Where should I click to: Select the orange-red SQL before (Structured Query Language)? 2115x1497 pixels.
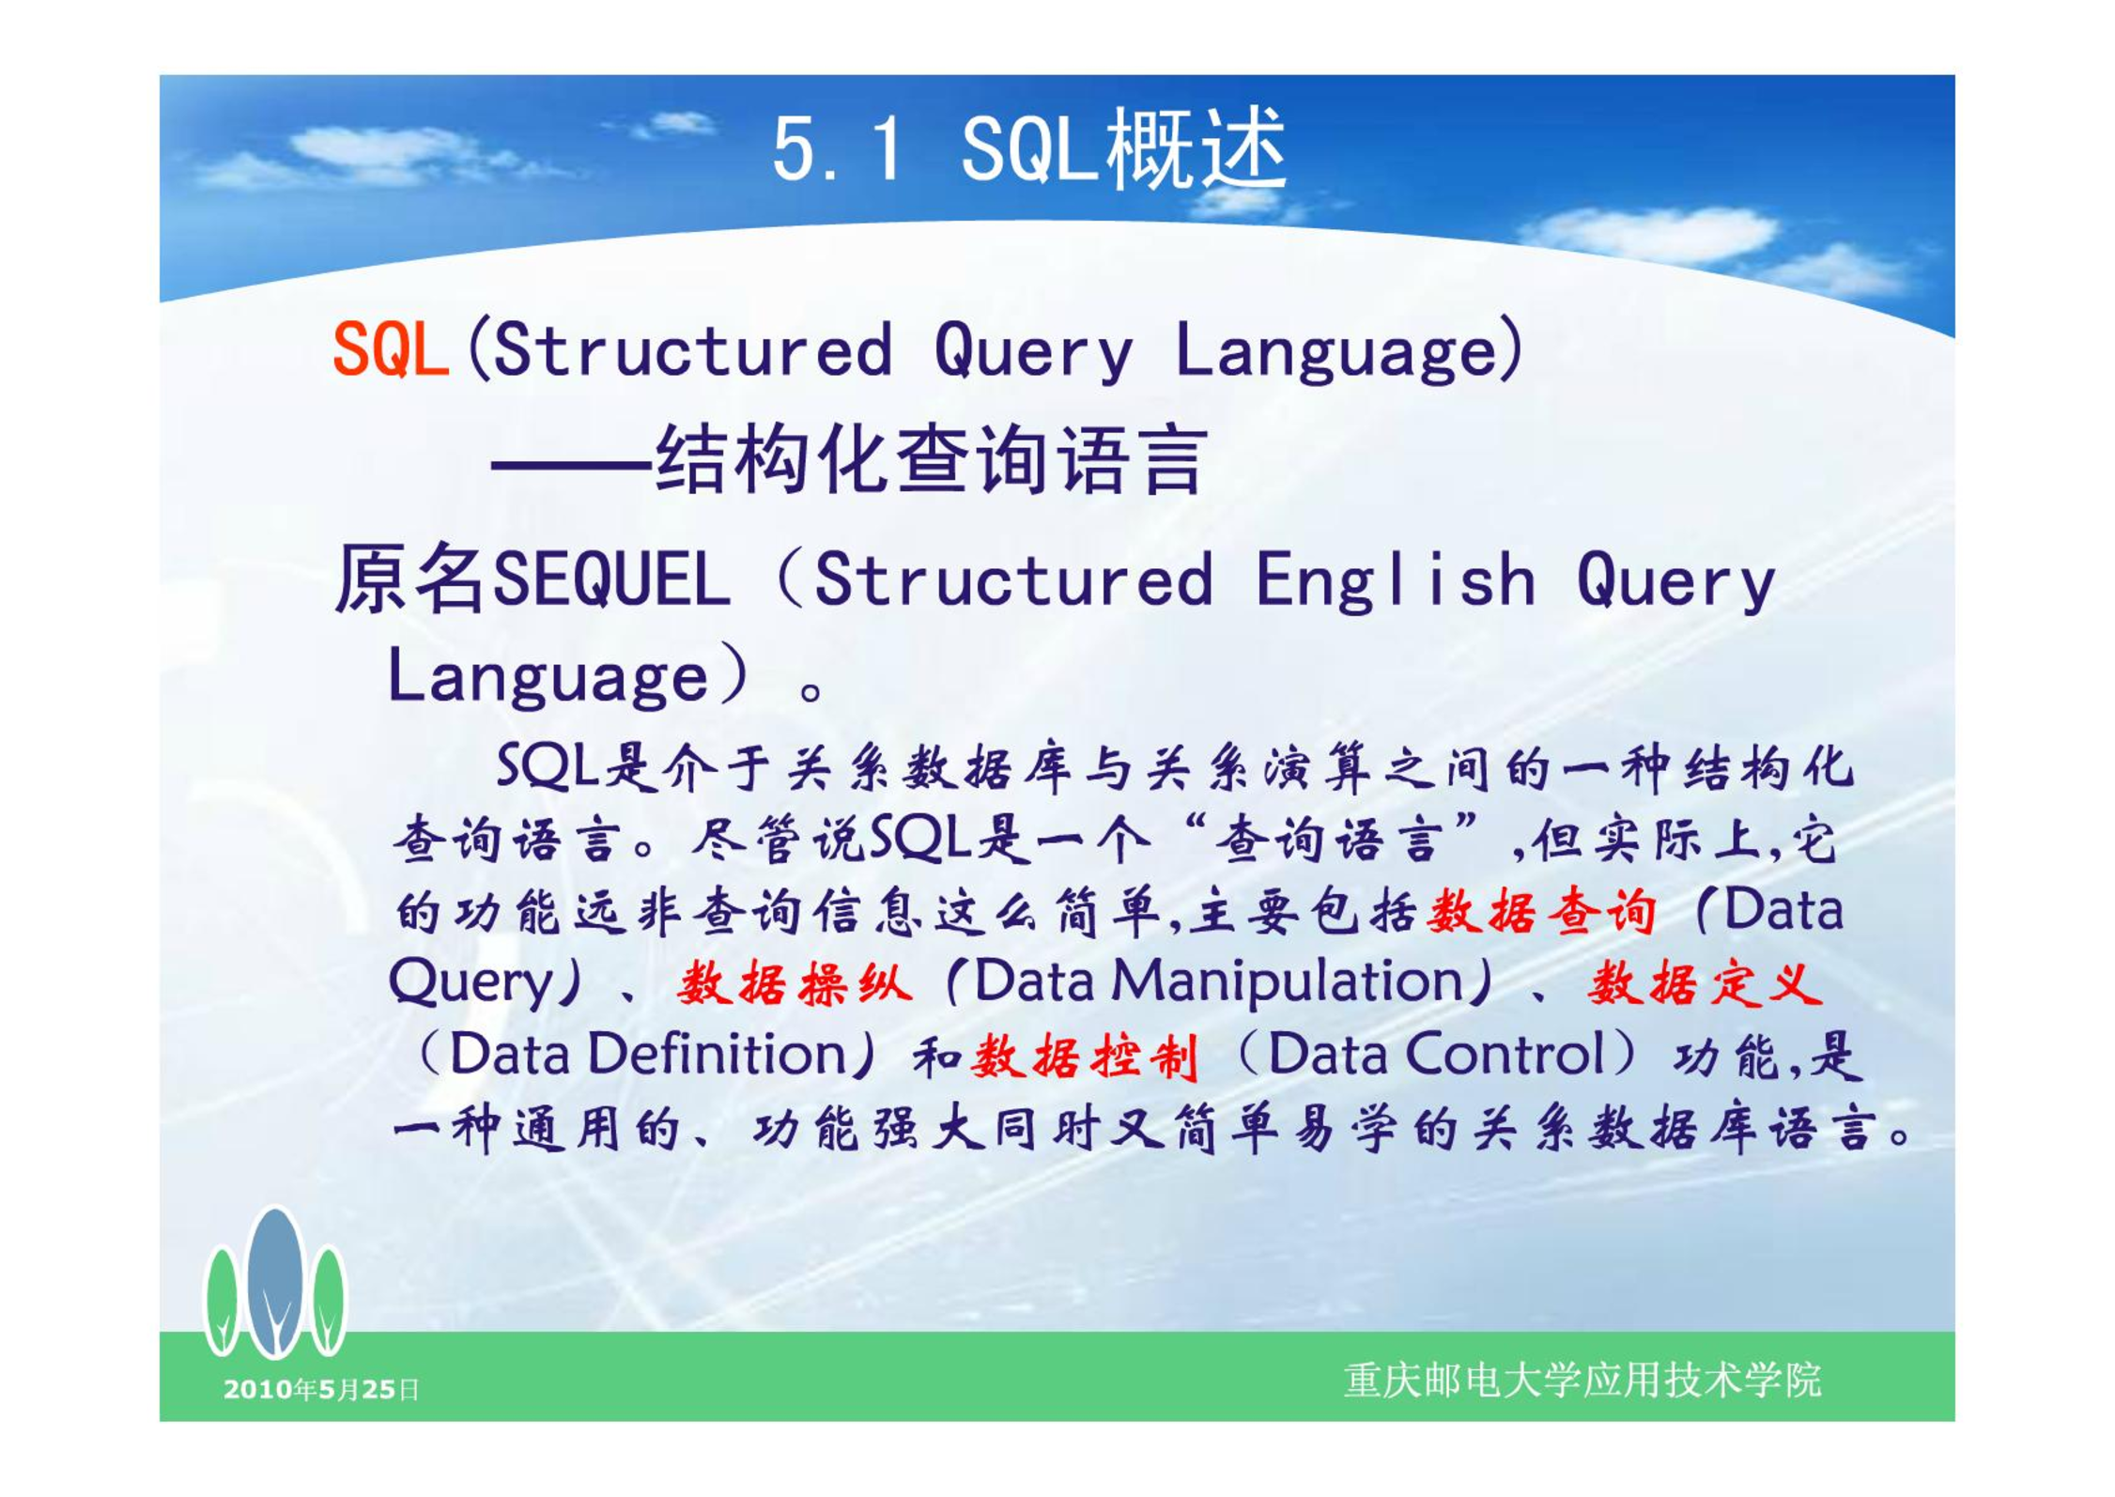coord(391,348)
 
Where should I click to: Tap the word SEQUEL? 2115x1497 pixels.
coord(611,579)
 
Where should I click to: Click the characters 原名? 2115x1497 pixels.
coord(410,579)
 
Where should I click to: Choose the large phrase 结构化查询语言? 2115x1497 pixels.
coord(930,459)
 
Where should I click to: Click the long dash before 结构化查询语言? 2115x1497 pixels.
coord(572,465)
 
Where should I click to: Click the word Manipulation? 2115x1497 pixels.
coord(1288,982)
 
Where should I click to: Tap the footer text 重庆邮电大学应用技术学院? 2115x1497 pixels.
coord(1582,1381)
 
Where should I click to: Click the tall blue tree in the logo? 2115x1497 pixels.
coord(275,1282)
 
